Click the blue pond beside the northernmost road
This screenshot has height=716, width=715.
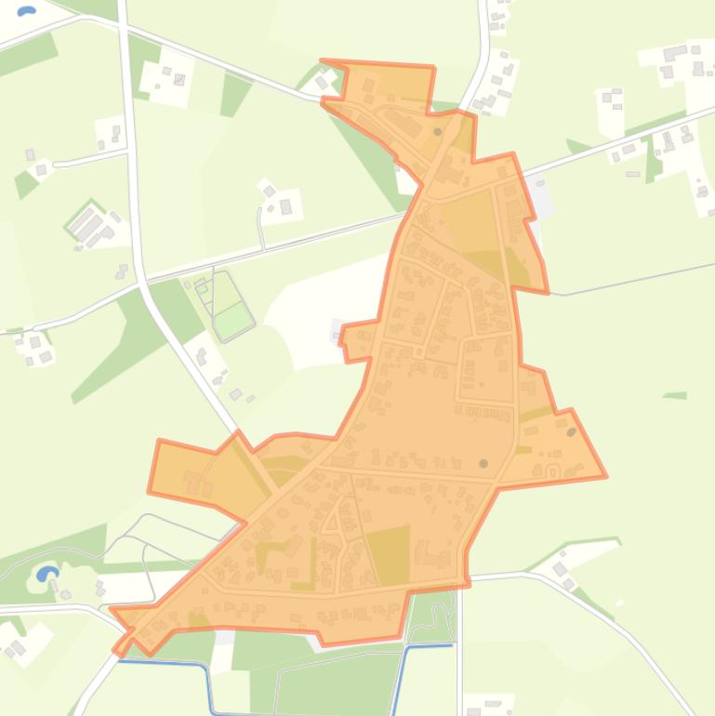26,12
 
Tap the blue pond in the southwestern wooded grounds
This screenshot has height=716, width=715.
44,574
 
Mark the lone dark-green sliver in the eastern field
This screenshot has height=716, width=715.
675,396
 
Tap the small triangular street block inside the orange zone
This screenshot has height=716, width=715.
331,522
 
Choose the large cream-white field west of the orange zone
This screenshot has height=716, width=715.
325,298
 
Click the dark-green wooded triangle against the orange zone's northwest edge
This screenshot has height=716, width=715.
372,158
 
